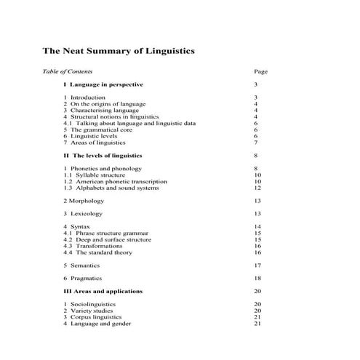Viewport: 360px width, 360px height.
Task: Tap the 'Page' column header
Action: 261,72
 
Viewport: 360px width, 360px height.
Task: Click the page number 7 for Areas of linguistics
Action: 256,143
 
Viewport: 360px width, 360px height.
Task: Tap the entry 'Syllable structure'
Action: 100,175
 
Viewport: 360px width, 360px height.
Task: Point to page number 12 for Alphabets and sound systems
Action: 257,188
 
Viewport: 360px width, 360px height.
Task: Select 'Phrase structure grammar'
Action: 110,233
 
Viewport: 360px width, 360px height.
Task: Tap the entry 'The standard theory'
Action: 104,252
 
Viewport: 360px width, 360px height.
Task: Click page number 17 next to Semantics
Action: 257,265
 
